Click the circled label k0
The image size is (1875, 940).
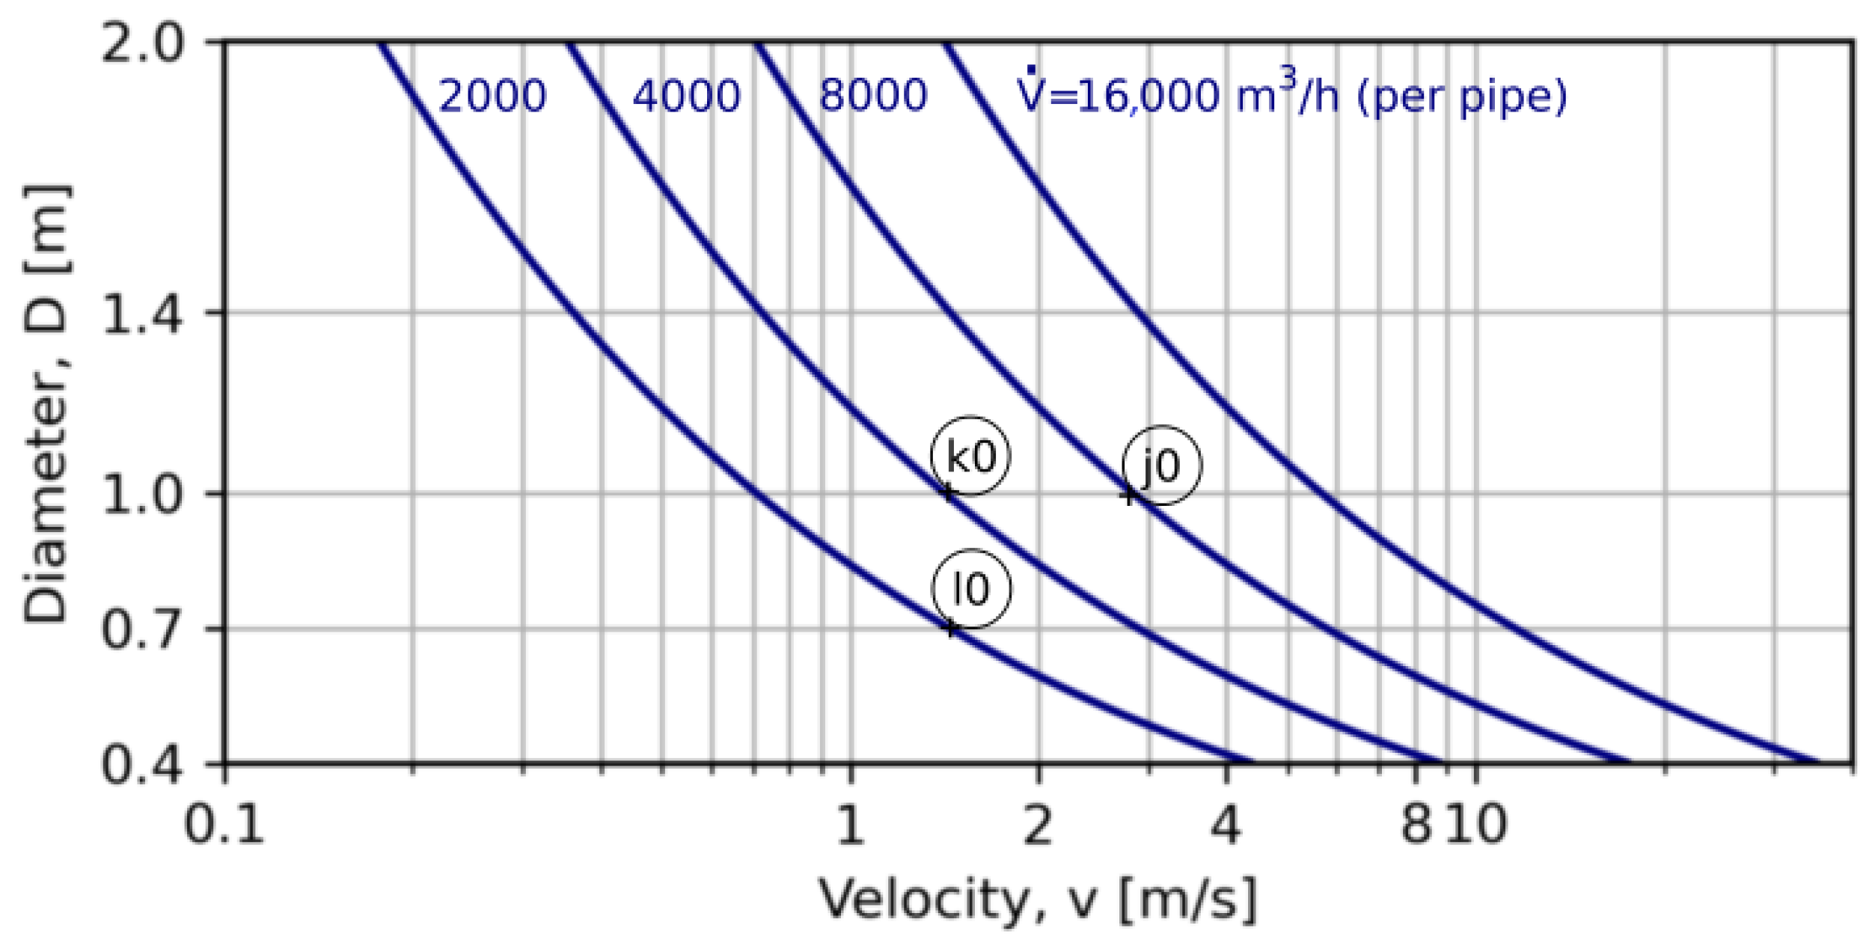tap(970, 456)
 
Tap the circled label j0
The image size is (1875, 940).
tap(1162, 466)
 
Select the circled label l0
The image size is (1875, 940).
tap(971, 589)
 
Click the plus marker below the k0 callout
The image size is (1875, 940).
tap(948, 492)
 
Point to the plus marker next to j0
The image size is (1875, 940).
tap(1130, 495)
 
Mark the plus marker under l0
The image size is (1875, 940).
tap(951, 628)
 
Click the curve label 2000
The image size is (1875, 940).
tap(492, 97)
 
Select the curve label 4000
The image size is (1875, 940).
tap(686, 97)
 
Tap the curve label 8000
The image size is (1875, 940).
tap(873, 95)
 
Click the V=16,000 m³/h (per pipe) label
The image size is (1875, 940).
tap(1291, 94)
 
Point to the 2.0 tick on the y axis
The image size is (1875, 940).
tap(142, 43)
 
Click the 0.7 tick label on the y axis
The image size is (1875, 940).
tap(142, 629)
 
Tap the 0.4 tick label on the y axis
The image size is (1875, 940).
tap(142, 764)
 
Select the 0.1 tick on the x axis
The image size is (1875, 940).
tap(224, 825)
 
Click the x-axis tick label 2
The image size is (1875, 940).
tap(1038, 825)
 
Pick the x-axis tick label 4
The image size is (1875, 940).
tap(1226, 825)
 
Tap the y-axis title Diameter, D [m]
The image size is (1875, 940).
tap(45, 404)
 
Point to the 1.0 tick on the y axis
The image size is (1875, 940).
tap(142, 494)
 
